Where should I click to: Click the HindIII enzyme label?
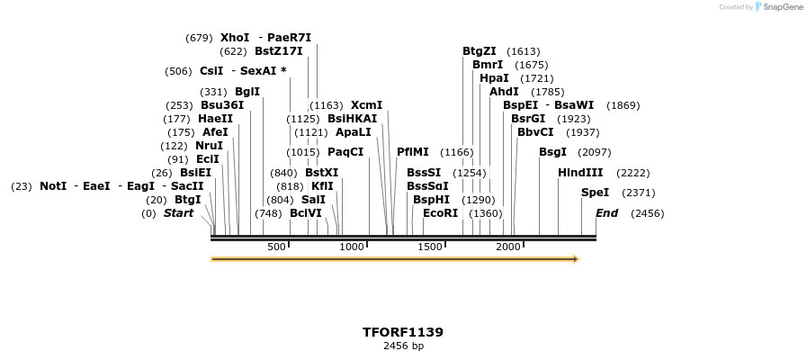pyautogui.click(x=580, y=173)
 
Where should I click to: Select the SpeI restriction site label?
pyautogui.click(x=595, y=193)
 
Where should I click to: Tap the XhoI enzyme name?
pyautogui.click(x=235, y=38)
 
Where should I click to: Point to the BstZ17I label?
pyautogui.click(x=279, y=51)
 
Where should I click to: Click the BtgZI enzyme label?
pyautogui.click(x=480, y=51)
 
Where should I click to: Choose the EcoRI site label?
pyautogui.click(x=440, y=213)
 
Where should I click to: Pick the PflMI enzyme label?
pyautogui.click(x=413, y=152)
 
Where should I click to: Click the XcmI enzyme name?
pyautogui.click(x=366, y=105)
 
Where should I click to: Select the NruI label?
pyautogui.click(x=210, y=146)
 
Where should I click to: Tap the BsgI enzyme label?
pyautogui.click(x=552, y=152)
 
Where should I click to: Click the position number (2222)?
pyautogui.click(x=632, y=173)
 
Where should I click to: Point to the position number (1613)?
pyautogui.click(x=524, y=51)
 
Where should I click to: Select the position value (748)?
pyautogui.click(x=268, y=213)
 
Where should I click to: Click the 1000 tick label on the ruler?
pyautogui.click(x=352, y=247)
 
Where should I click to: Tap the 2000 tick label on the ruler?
pyautogui.click(x=508, y=247)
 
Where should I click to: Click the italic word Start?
pyautogui.click(x=178, y=213)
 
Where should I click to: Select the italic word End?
pyautogui.click(x=606, y=213)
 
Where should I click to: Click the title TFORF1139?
pyautogui.click(x=403, y=332)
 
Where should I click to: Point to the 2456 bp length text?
pyautogui.click(x=403, y=346)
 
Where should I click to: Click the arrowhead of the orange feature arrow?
pyautogui.click(x=575, y=259)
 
